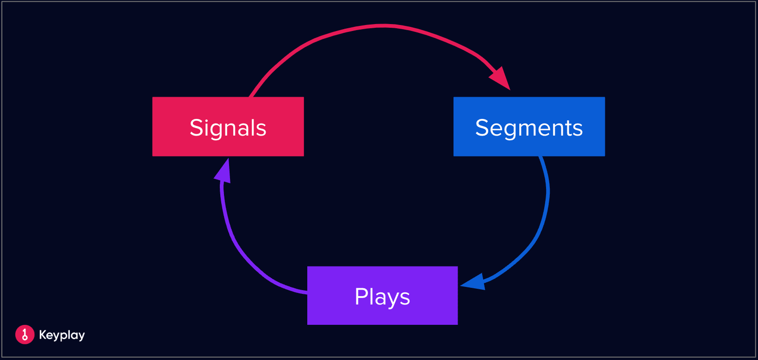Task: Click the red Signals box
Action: click(228, 126)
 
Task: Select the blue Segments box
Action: click(529, 126)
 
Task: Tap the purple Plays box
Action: click(382, 295)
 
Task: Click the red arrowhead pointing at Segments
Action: click(501, 79)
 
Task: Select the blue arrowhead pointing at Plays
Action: click(473, 282)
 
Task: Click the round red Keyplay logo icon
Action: click(25, 335)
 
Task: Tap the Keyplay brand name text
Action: click(62, 335)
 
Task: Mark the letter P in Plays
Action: click(361, 297)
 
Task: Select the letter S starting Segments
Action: click(482, 128)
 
